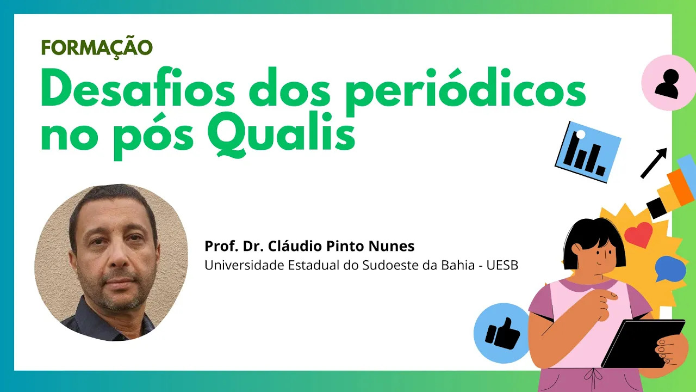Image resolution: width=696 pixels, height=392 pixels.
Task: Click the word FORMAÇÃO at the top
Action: pyautogui.click(x=97, y=47)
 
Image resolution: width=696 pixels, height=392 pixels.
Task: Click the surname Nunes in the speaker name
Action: pyautogui.click(x=391, y=246)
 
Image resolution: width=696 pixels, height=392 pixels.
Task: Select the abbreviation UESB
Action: pyautogui.click(x=502, y=265)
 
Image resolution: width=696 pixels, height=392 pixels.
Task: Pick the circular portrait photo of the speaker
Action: pyautogui.click(x=111, y=262)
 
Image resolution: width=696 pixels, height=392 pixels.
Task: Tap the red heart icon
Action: pyautogui.click(x=638, y=235)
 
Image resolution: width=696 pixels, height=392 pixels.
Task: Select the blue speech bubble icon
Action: pyautogui.click(x=670, y=269)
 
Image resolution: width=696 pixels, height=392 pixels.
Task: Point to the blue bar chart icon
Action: pyautogui.click(x=588, y=152)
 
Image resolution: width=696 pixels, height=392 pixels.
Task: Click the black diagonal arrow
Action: pyautogui.click(x=654, y=163)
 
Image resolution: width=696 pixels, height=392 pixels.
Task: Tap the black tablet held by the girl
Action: pyautogui.click(x=643, y=344)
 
